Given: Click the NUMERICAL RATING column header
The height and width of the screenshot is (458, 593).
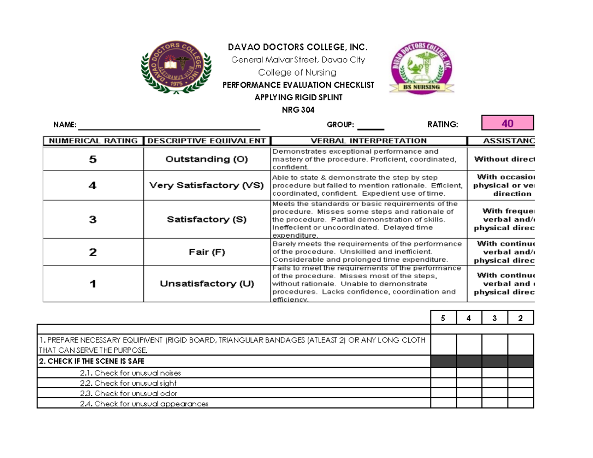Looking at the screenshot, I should pyautogui.click(x=93, y=141).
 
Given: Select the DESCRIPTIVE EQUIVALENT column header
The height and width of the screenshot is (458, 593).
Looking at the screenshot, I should pyautogui.click(x=207, y=141).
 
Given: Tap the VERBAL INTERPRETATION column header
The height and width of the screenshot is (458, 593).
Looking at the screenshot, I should pyautogui.click(x=369, y=141).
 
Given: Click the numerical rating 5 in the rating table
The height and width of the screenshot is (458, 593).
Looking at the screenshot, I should pyautogui.click(x=93, y=159).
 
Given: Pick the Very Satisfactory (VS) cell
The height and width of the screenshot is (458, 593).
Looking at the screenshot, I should pyautogui.click(x=207, y=185).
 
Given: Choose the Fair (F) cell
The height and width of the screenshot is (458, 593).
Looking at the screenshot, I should pyautogui.click(x=207, y=252).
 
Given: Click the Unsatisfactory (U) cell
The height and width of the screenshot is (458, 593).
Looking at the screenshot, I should pyautogui.click(x=207, y=284).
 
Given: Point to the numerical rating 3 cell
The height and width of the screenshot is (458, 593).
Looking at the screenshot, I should pyautogui.click(x=93, y=220).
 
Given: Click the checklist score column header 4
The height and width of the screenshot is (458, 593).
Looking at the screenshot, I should pyautogui.click(x=469, y=319).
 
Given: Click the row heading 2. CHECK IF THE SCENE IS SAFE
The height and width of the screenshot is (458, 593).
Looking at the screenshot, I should pyautogui.click(x=91, y=361).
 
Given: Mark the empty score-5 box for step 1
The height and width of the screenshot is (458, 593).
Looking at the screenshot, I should pyautogui.click(x=443, y=344).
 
